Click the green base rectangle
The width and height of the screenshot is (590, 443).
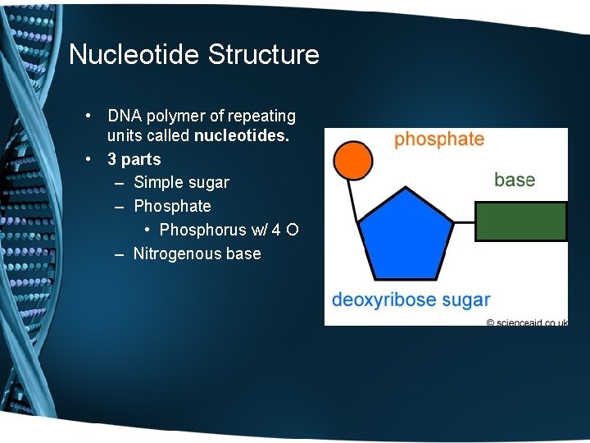point(521,221)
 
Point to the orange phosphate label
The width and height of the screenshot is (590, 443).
point(439,139)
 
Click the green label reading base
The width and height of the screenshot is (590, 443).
point(515,180)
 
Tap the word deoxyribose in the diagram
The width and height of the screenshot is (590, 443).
point(383,299)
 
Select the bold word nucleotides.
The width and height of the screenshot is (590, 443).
point(242,135)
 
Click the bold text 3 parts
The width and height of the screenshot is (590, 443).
point(134,159)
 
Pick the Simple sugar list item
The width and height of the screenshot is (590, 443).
point(181,182)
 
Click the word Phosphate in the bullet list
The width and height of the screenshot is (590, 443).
point(172,206)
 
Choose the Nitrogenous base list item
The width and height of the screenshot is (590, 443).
point(197,253)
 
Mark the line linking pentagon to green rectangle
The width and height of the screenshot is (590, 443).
point(464,221)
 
